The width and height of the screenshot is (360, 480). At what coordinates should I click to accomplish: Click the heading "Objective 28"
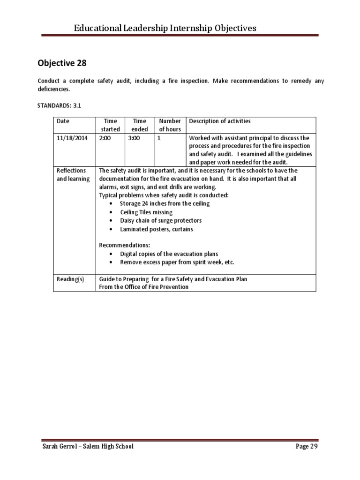pos(62,63)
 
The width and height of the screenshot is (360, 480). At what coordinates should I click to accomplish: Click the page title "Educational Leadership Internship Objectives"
pos(165,28)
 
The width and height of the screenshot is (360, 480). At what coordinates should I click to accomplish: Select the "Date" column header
pos(63,121)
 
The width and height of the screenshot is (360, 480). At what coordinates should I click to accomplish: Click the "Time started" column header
pos(111,125)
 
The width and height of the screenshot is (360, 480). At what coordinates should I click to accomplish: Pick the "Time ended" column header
pos(140,125)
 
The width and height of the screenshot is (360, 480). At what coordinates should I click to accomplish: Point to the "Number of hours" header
pos(170,125)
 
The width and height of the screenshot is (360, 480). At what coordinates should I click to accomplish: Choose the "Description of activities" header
pos(219,121)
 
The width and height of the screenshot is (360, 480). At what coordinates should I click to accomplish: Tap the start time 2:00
pos(105,138)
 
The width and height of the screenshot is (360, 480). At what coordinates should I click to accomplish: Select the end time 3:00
pos(135,138)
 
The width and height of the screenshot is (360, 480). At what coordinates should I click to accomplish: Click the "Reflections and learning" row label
pos(73,175)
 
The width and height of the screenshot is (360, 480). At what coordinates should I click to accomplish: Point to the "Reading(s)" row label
pos(70,279)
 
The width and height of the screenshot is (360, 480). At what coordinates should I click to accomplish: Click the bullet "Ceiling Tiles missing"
pos(146,212)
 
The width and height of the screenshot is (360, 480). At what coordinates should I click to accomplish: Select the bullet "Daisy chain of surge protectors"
pos(161,221)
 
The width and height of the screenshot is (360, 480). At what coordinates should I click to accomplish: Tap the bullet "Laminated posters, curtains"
pos(156,229)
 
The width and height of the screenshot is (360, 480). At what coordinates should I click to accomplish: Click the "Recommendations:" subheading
pos(125,245)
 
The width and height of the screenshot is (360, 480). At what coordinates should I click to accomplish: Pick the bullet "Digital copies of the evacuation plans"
pos(169,254)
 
